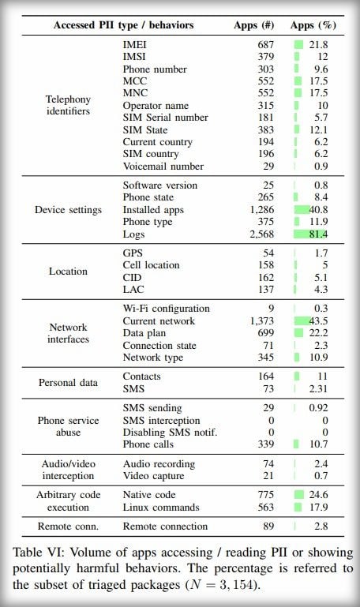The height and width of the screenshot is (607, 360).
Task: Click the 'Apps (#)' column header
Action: pyautogui.click(x=253, y=25)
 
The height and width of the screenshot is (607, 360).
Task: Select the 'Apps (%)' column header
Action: pyautogui.click(x=313, y=25)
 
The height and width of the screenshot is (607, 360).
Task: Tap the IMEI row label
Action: pyautogui.click(x=134, y=44)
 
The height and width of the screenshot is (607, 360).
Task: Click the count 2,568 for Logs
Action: pyautogui.click(x=261, y=234)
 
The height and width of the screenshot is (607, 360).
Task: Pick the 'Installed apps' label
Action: pyautogui.click(x=153, y=210)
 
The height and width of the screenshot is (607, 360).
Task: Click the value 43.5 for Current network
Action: pyautogui.click(x=318, y=321)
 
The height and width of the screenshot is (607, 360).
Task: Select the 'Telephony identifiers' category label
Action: pyautogui.click(x=68, y=105)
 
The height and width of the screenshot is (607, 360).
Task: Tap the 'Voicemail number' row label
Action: pyautogui.click(x=163, y=167)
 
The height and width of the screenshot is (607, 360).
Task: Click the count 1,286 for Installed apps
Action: pyautogui.click(x=261, y=210)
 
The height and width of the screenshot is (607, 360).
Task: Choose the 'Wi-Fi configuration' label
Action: pyautogui.click(x=166, y=309)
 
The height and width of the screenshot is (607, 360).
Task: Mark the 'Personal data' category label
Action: pyautogui.click(x=68, y=383)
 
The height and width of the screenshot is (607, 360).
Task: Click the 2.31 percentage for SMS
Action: pyautogui.click(x=318, y=388)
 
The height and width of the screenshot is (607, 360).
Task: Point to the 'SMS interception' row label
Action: pyautogui.click(x=161, y=421)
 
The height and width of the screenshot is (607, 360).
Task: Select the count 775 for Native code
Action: pyautogui.click(x=266, y=495)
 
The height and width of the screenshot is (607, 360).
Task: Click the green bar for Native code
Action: pyautogui.click(x=299, y=495)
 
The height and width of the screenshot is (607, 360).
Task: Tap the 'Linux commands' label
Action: pyautogui.click(x=161, y=507)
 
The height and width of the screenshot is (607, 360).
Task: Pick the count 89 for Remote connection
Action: pyautogui.click(x=268, y=526)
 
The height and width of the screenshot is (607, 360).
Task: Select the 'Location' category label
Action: pyautogui.click(x=68, y=272)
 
